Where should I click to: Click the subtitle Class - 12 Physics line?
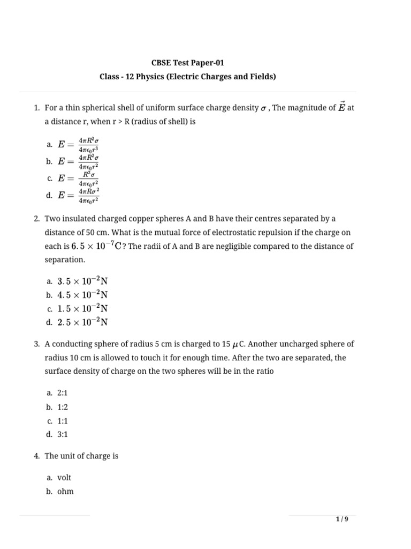click(187, 77)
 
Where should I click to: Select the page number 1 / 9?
click(342, 519)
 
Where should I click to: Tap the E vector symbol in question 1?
click(341, 107)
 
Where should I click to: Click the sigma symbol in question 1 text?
click(263, 109)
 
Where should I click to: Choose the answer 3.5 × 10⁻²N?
click(82, 281)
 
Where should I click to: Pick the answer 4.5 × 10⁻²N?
click(82, 295)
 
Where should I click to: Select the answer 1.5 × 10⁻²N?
click(82, 309)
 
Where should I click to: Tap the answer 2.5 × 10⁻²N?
click(82, 322)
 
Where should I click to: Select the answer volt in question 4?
click(64, 477)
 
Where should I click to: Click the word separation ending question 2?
click(64, 259)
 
